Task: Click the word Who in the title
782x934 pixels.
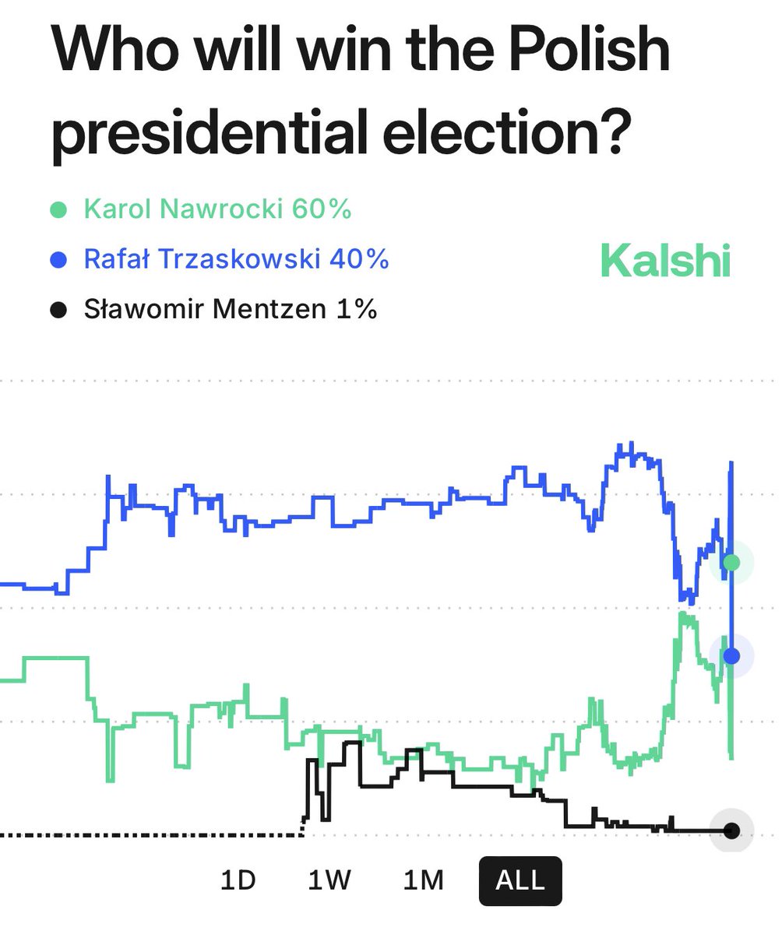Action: [112, 51]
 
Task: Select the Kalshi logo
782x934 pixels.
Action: [666, 261]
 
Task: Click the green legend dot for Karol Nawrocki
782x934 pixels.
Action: [58, 210]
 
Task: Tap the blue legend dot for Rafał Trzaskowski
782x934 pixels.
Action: [58, 260]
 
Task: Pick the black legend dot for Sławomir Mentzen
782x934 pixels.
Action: [58, 310]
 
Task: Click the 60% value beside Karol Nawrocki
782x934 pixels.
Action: [322, 209]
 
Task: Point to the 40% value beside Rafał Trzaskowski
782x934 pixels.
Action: [359, 259]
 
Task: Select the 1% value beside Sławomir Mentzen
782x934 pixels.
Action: [357, 309]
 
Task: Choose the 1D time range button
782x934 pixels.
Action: [238, 880]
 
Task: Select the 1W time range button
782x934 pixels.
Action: [329, 880]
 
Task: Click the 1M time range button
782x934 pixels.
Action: [424, 880]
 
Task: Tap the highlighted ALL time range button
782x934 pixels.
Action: [520, 880]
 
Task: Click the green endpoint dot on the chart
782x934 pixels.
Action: [731, 563]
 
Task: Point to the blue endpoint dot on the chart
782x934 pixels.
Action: [731, 655]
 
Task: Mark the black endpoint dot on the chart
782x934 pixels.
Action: [731, 830]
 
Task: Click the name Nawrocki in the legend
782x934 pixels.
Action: [220, 209]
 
